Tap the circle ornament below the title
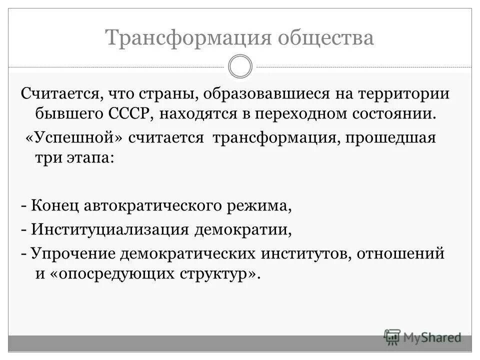coord(240,67)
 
